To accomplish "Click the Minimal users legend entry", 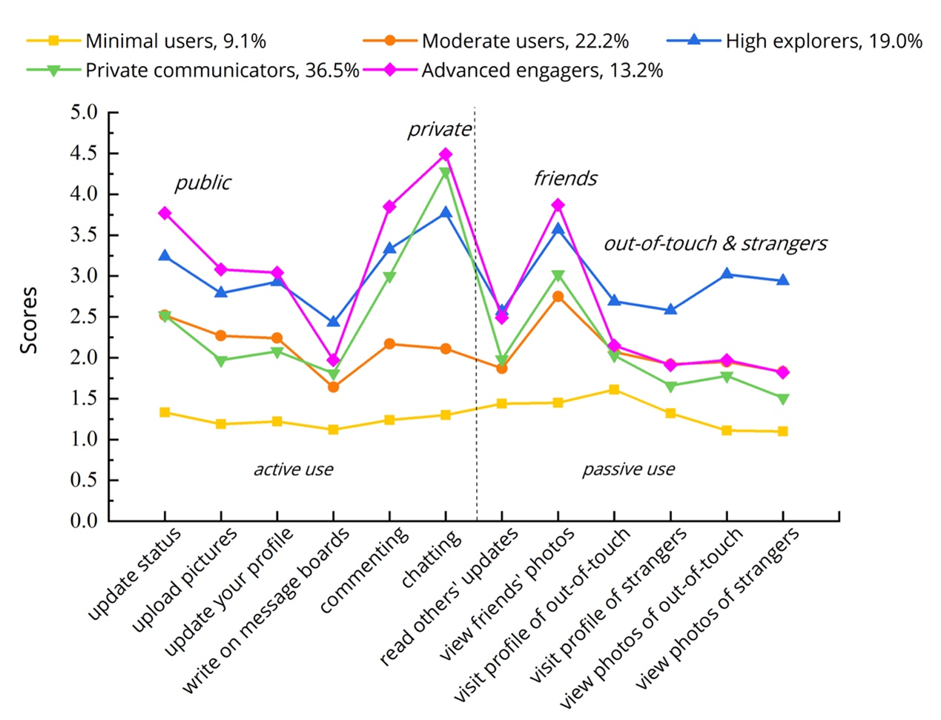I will (175, 41).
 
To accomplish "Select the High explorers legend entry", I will (823, 41).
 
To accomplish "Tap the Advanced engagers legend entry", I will (541, 70).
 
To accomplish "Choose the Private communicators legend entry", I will (222, 70).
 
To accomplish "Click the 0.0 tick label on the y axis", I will (84, 521).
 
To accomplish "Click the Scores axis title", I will (29, 320).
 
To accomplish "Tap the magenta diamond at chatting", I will (446, 154).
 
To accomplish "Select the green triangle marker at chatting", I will (446, 174).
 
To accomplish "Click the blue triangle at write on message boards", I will (333, 322).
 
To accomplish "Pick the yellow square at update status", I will (165, 412).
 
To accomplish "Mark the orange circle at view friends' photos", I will (558, 297).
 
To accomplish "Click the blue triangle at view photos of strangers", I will (783, 280).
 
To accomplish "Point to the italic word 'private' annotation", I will (440, 130).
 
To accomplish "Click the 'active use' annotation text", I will (294, 469).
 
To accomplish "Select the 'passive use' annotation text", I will (629, 469).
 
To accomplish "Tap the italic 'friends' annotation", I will (566, 179).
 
